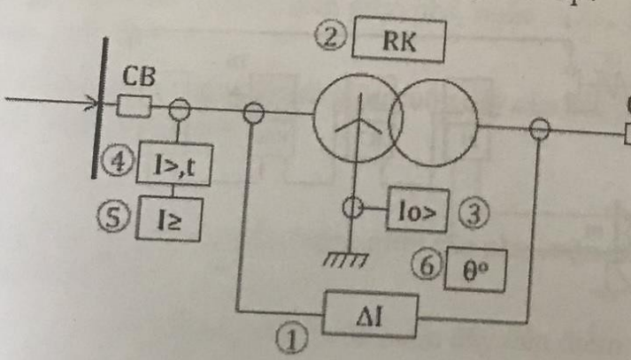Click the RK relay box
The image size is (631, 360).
(x=399, y=40)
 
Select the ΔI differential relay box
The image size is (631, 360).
(x=370, y=314)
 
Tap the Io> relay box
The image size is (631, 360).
(x=418, y=210)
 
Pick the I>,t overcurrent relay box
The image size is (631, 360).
(x=174, y=164)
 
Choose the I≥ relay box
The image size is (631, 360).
(x=169, y=218)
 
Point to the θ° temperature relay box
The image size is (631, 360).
(x=475, y=270)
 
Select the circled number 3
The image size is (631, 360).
(x=474, y=212)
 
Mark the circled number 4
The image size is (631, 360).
(x=117, y=163)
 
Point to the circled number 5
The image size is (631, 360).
(x=113, y=218)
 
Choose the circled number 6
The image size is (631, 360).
(x=427, y=264)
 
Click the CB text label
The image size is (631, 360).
(x=139, y=76)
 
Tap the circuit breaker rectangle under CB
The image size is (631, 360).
(x=135, y=106)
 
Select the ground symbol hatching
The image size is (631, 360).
(x=345, y=260)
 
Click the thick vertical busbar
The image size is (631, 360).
(x=99, y=107)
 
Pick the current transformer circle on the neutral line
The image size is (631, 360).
(x=352, y=208)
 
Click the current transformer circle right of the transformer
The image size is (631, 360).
(x=539, y=129)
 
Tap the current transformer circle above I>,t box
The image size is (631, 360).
(x=179, y=109)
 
